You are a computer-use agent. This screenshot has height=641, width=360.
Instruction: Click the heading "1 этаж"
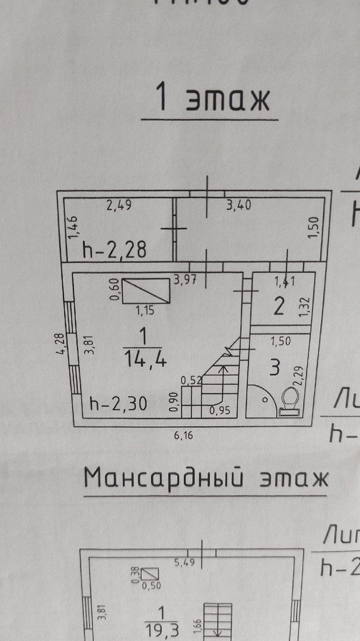click(211, 99)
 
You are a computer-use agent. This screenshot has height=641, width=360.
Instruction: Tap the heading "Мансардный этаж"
click(205, 478)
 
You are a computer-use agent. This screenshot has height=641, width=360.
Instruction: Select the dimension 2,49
click(119, 207)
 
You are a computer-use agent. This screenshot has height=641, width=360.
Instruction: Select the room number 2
click(279, 307)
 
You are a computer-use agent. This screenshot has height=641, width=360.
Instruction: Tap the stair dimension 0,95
click(219, 409)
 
